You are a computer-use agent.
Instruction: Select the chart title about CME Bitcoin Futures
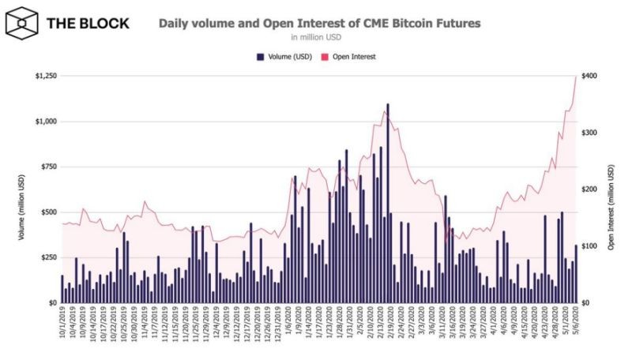319,23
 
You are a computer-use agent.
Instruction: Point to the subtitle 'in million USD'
319,37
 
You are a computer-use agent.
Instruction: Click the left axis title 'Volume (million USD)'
13,189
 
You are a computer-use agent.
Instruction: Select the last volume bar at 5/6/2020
575,274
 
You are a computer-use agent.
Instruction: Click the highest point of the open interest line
576,76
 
